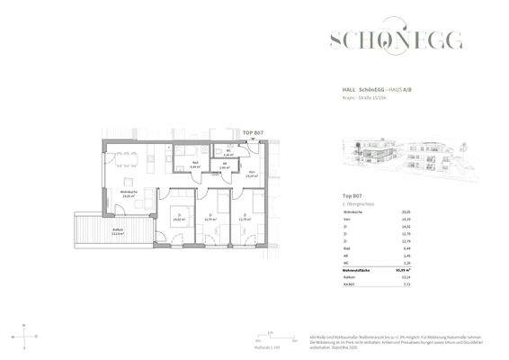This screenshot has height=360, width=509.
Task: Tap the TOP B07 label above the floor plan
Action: [x=253, y=132]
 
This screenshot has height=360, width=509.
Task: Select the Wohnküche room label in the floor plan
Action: [x=128, y=193]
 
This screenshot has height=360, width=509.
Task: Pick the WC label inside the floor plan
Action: [x=229, y=152]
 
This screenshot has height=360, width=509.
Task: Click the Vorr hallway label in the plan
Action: [x=253, y=175]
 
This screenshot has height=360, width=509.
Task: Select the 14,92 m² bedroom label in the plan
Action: [x=178, y=218]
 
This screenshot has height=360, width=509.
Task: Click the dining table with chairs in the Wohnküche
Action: [x=135, y=161]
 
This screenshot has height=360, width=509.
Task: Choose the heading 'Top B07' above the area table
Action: [x=352, y=194]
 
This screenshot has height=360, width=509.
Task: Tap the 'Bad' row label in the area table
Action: [x=346, y=247]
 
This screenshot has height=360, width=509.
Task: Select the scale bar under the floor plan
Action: [x=265, y=339]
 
